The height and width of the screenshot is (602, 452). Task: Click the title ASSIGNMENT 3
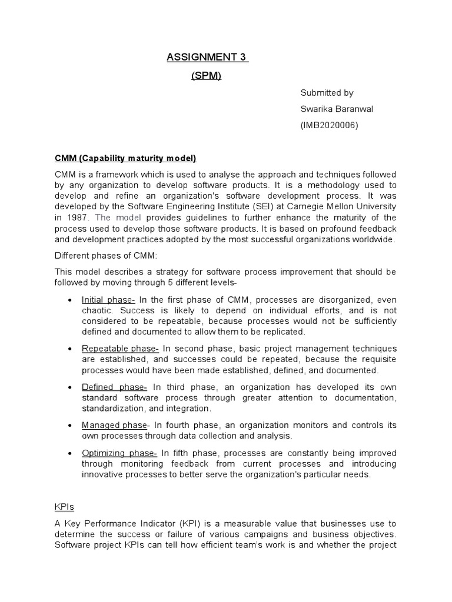(207, 57)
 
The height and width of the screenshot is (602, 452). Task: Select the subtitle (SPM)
(206, 76)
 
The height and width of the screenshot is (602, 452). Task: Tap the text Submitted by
(327, 93)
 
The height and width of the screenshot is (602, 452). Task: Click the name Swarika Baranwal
(336, 109)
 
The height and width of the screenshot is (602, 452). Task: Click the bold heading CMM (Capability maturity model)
(125, 158)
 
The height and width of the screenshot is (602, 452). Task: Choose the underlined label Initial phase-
(108, 299)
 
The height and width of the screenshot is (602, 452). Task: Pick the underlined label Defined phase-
(114, 387)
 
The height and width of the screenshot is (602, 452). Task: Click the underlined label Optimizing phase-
(119, 453)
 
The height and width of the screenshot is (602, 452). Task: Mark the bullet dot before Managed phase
(70, 426)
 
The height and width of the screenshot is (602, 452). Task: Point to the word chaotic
(97, 310)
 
